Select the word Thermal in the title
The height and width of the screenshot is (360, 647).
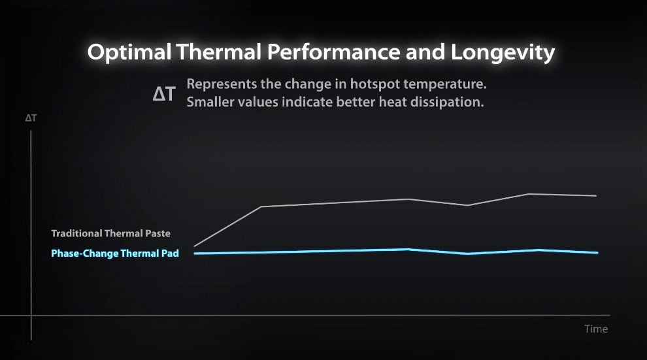click(210, 52)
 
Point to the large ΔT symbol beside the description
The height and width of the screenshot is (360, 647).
click(164, 94)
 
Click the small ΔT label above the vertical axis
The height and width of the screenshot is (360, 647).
click(31, 119)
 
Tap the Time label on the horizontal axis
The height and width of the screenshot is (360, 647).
click(595, 329)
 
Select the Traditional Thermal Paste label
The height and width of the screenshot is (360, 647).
click(110, 233)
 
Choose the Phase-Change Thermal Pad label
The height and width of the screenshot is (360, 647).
click(115, 254)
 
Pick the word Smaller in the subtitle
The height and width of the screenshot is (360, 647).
click(211, 103)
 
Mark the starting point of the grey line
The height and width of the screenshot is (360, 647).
click(195, 246)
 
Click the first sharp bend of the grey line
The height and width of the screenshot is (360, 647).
click(261, 206)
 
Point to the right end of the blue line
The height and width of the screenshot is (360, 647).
click(597, 253)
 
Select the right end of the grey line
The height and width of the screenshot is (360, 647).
click(595, 195)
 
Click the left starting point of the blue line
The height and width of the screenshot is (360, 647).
click(195, 254)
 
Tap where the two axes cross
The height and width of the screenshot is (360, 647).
click(31, 316)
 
